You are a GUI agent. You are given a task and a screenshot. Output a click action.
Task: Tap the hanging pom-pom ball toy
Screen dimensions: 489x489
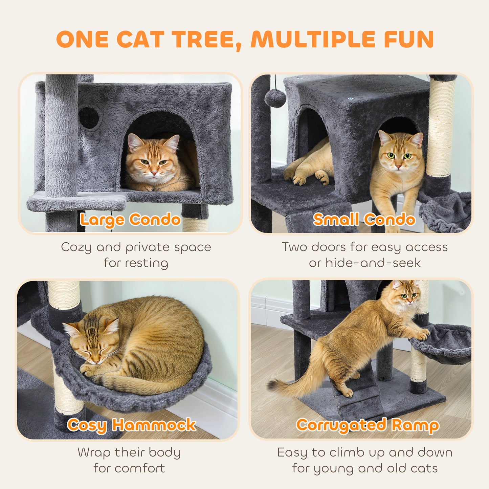coord(275,98)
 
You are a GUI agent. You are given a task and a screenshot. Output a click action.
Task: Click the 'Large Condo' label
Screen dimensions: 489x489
coord(130,220)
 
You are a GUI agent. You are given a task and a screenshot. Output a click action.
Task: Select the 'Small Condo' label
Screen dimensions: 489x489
coord(364,220)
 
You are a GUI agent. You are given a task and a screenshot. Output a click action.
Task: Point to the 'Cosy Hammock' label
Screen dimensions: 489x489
coord(131,425)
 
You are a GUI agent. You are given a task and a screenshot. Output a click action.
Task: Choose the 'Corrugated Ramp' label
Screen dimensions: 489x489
coord(368,425)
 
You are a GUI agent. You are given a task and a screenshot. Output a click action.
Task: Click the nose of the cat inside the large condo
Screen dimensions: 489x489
coord(154,173)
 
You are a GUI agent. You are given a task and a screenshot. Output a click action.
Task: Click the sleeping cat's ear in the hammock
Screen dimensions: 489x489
coord(111,326)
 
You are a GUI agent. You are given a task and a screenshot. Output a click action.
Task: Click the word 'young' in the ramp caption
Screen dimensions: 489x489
coord(334,469)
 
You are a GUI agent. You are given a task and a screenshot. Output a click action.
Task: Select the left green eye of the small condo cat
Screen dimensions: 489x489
coord(392,156)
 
